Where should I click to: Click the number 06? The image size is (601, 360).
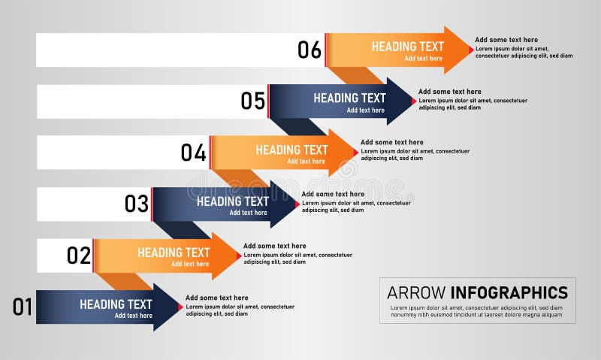coord(310,50)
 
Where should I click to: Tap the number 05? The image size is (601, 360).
coord(253,101)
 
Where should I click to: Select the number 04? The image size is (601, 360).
coord(193,153)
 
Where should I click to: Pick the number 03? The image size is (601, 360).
coord(137,204)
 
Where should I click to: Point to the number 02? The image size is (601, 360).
coord(79,256)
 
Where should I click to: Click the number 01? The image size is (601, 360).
coord(23,307)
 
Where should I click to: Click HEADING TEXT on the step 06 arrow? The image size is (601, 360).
coord(407,47)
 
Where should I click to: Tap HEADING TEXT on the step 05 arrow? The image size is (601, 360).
coord(349,98)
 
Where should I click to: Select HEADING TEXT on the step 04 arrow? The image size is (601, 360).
coord(291,150)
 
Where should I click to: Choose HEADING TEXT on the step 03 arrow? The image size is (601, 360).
coord(232,201)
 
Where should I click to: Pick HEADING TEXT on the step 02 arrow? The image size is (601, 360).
coord(174,253)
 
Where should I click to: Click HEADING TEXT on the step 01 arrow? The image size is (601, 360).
coord(116,304)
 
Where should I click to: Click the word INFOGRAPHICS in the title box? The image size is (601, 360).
coord(509,292)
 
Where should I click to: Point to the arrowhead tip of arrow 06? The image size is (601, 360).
coord(472,50)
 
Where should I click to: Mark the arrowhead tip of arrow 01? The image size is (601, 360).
coord(182,307)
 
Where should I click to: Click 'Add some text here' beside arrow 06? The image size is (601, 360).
coord(506,40)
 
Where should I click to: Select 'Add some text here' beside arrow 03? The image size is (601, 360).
coord(333,194)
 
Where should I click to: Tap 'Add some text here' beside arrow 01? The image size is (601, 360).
coord(216,298)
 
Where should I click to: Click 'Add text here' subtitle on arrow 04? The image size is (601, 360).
coord(306,162)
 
